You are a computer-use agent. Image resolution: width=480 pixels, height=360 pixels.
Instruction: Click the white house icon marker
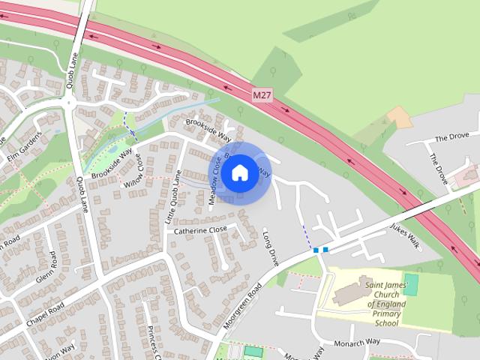click(239, 172)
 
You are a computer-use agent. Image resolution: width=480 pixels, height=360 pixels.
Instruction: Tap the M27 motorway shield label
click(260, 95)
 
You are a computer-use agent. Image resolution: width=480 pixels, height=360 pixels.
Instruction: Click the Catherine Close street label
click(201, 230)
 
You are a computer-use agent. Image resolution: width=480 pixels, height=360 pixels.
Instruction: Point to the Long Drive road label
click(271, 250)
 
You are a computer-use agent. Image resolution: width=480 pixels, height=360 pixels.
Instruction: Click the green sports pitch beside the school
click(411, 284)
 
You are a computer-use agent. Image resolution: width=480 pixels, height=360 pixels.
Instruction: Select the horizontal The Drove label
click(451, 138)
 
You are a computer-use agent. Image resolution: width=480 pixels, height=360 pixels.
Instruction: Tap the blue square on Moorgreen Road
click(325, 249)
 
